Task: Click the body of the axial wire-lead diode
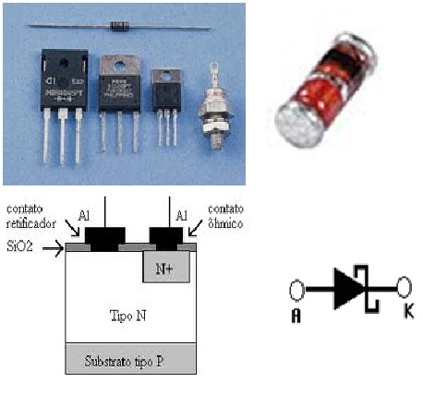coord(128,26)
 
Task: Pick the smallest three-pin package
coord(166,92)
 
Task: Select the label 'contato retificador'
coord(29,218)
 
